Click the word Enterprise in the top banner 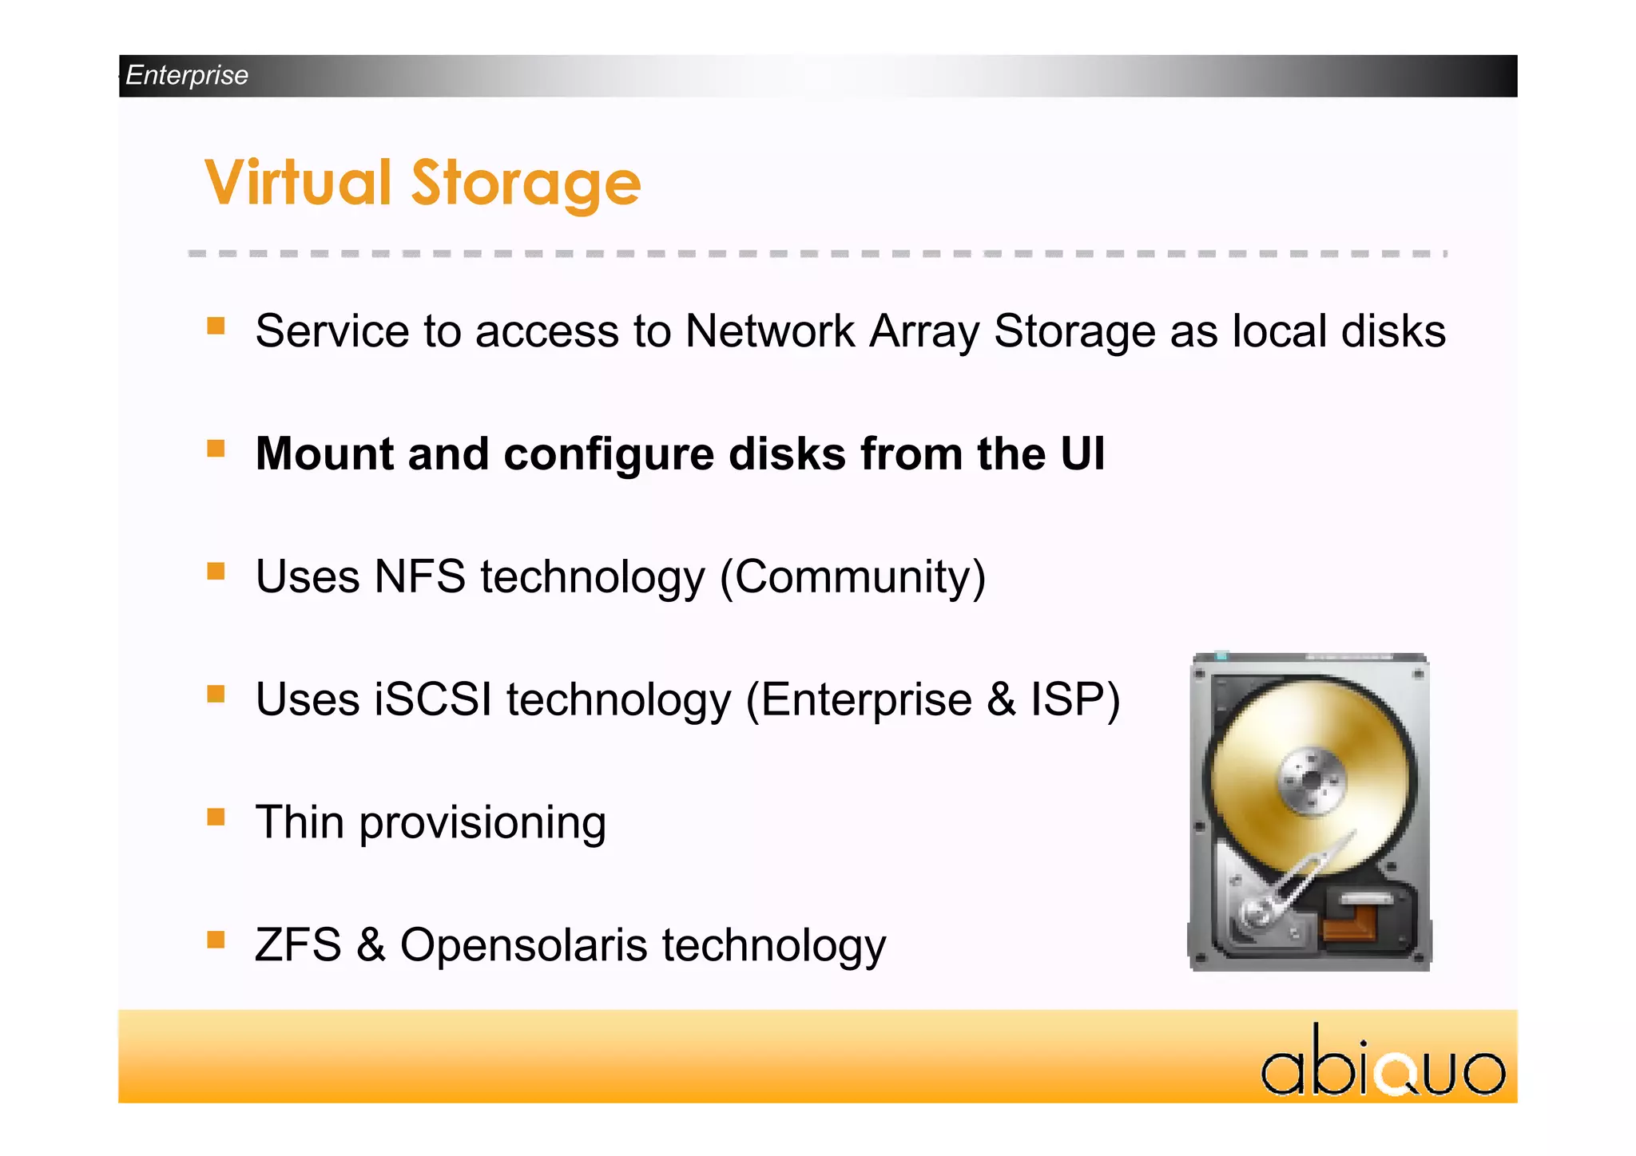click(187, 75)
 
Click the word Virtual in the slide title click(297, 183)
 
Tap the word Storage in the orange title click(526, 185)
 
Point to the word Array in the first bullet click(923, 332)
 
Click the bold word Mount click(324, 453)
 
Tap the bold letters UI click(1082, 453)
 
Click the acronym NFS click(419, 576)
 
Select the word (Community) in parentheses click(852, 577)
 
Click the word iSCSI click(433, 699)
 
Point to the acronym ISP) click(1075, 699)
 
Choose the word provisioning click(482, 823)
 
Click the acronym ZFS click(298, 944)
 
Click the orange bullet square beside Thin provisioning click(216, 817)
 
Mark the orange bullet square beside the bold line click(216, 448)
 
